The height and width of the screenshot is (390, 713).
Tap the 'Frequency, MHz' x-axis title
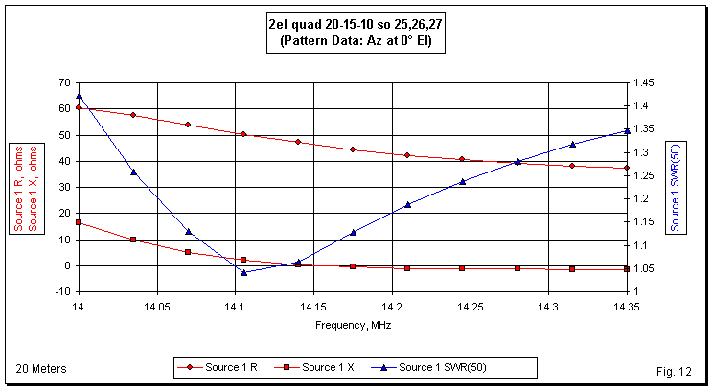(x=353, y=325)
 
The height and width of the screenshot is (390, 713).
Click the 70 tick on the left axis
(x=63, y=82)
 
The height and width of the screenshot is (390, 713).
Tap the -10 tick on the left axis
(x=60, y=291)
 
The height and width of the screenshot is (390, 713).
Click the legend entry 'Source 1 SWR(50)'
(x=451, y=367)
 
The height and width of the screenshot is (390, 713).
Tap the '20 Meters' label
(x=41, y=368)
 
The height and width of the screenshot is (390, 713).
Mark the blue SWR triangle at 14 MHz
(x=79, y=96)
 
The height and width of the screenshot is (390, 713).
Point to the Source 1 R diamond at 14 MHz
(x=79, y=107)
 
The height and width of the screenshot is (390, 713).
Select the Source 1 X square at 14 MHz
(x=79, y=222)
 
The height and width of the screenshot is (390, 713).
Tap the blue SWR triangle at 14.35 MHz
(x=626, y=130)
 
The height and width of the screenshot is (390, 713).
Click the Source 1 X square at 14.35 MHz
(x=626, y=269)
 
